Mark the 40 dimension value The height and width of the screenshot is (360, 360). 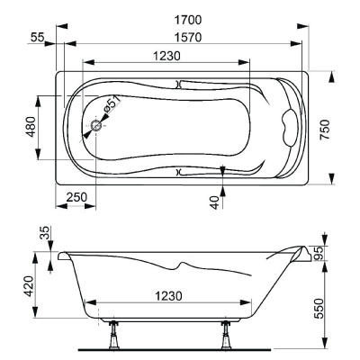click(x=213, y=201)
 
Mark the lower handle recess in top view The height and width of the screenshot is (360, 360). click(x=180, y=169)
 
